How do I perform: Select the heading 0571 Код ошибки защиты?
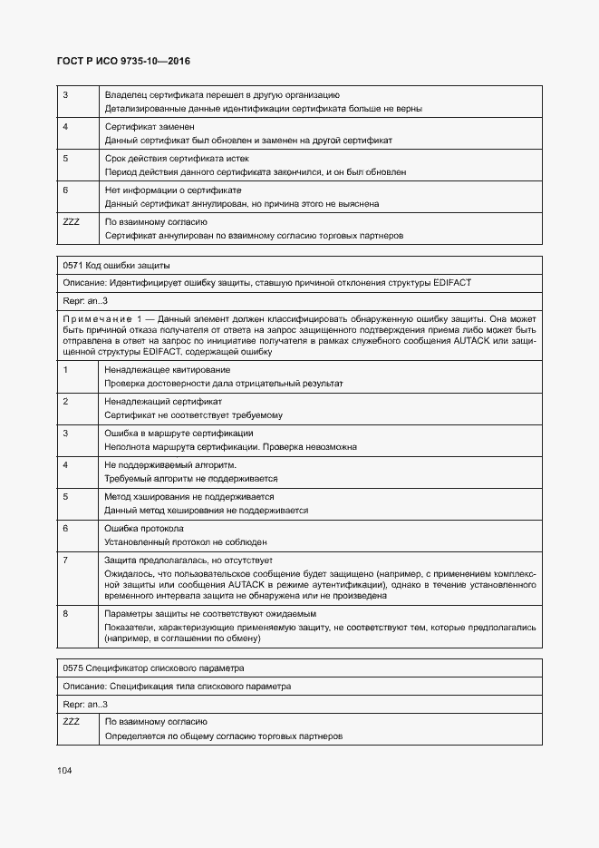tap(116, 266)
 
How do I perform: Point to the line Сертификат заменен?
tap(150, 126)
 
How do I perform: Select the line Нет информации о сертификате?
tap(173, 190)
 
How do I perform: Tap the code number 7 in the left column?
tap(65, 560)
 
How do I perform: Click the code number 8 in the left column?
tap(65, 614)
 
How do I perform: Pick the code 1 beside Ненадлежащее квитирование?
tap(65, 370)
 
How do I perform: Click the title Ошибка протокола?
tap(144, 528)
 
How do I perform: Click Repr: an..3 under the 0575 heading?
tap(85, 704)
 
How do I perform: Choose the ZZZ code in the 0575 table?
tap(72, 722)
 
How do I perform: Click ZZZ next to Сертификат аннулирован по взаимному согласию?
tap(72, 221)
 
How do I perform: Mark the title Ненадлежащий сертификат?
tap(163, 401)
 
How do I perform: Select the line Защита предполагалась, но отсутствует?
tap(194, 560)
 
